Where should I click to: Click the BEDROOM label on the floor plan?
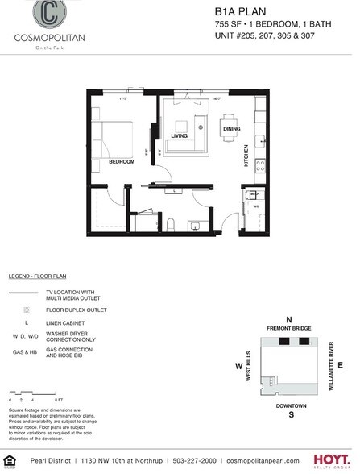pos(121,161)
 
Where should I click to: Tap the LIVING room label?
pos(179,135)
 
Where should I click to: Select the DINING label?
pos(231,129)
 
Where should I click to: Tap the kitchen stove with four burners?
pos(259,165)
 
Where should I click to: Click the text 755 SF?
pos(227,27)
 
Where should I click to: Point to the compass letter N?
pos(288,318)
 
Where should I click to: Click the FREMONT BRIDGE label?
pos(288,328)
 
